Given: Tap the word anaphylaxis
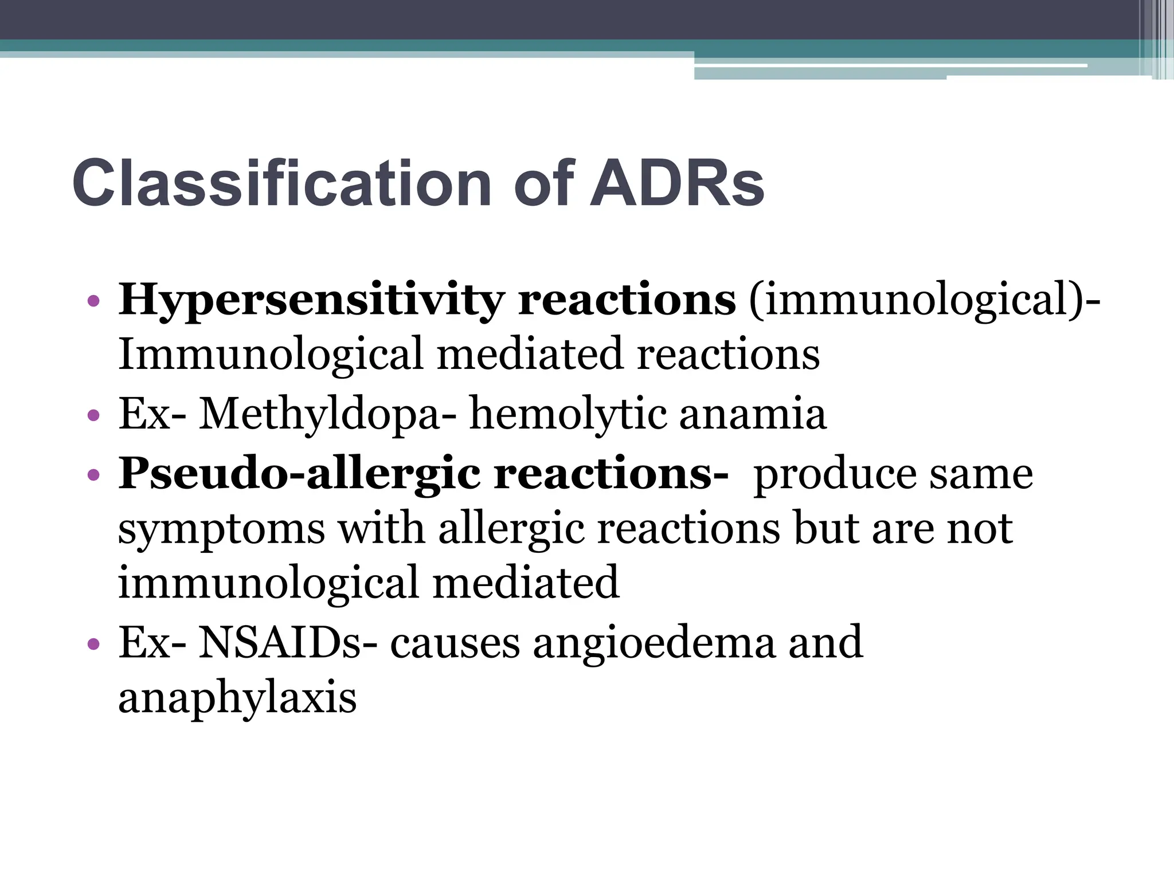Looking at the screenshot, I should coord(237,698).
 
